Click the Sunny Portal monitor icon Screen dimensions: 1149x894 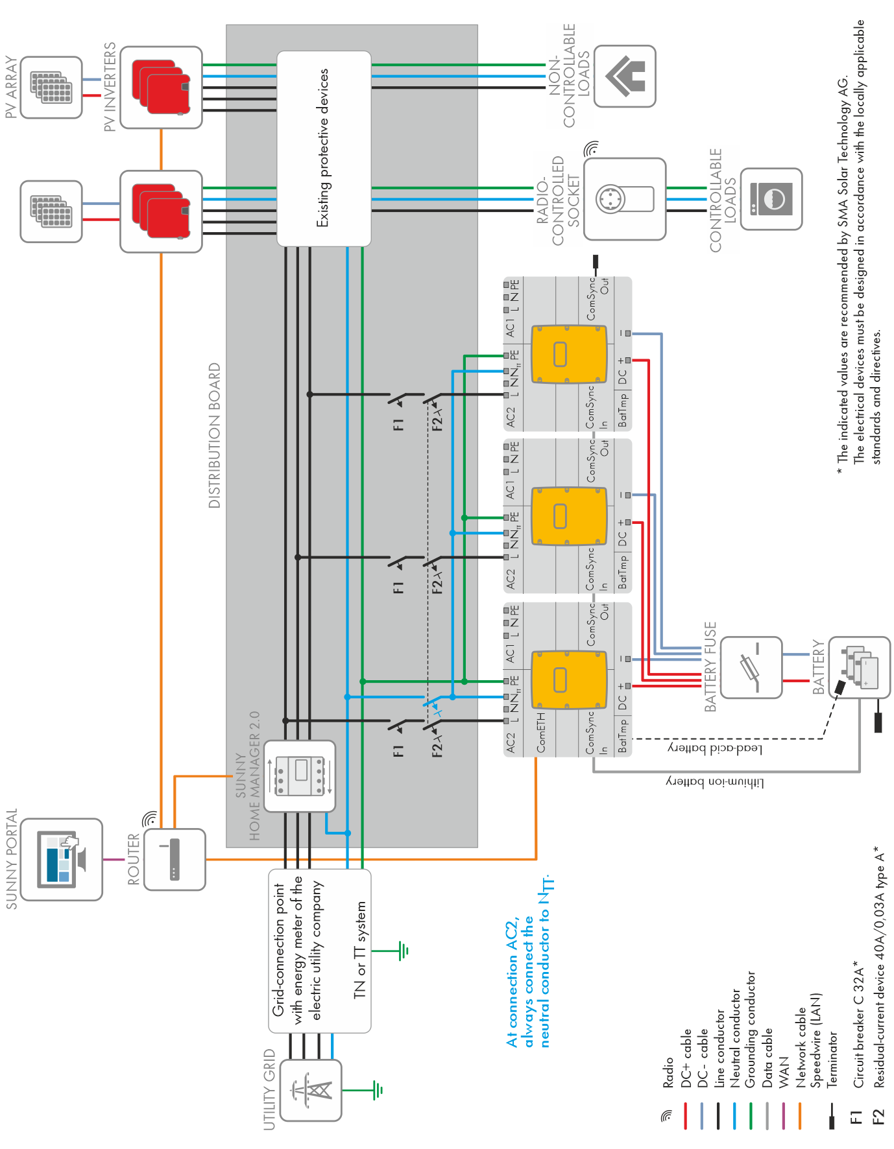[x=62, y=859]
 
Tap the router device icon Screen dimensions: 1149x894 [x=174, y=859]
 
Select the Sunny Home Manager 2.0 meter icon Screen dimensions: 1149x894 [x=300, y=776]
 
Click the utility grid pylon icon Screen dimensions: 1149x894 [x=311, y=1090]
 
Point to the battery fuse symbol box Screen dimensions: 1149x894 [x=751, y=667]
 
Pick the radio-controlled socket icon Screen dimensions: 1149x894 [x=624, y=199]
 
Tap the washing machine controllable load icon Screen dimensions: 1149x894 [x=771, y=199]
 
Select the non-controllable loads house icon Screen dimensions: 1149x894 [x=625, y=76]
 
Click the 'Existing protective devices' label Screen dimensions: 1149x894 [x=322, y=148]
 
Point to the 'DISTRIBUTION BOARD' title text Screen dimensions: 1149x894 [x=215, y=435]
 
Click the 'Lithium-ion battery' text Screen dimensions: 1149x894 [x=715, y=783]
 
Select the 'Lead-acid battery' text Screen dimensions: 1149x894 [x=715, y=748]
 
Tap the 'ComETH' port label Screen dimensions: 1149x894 [x=541, y=733]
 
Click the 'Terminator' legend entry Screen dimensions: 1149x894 [x=832, y=1059]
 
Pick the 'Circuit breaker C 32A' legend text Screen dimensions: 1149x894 [x=858, y=1025]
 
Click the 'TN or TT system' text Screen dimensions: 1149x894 [x=360, y=950]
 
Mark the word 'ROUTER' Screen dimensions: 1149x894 [x=134, y=859]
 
